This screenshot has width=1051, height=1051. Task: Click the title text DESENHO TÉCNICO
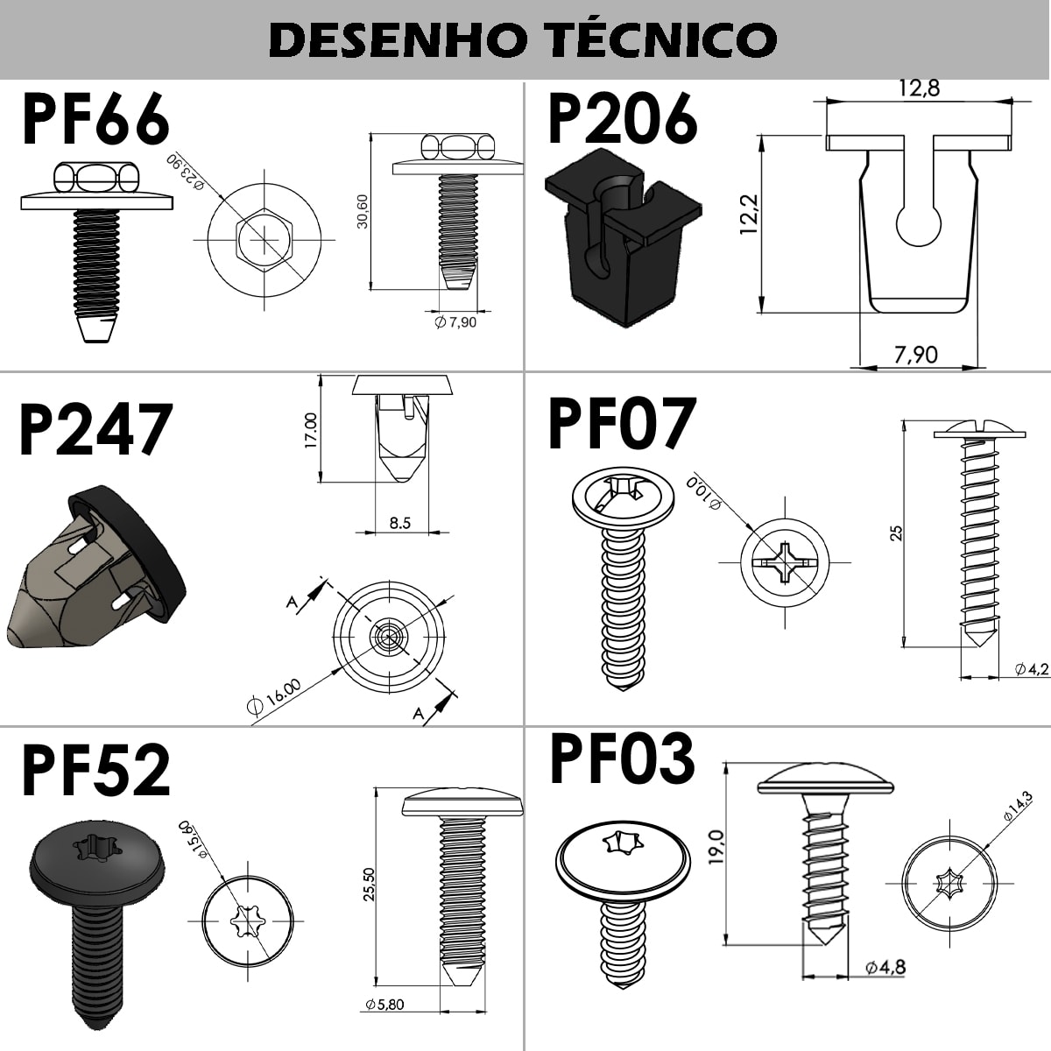click(523, 39)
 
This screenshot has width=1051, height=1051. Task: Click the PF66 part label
click(95, 121)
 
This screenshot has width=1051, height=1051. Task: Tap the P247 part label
click(95, 430)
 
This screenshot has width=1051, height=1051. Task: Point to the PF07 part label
click(622, 424)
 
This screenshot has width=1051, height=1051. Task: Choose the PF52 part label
click(95, 771)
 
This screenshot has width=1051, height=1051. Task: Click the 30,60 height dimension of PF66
click(362, 211)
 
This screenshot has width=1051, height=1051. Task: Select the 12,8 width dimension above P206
click(919, 88)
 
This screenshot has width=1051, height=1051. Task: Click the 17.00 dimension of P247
click(310, 430)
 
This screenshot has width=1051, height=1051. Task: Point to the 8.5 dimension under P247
click(399, 524)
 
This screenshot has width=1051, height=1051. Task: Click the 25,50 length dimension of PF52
click(369, 884)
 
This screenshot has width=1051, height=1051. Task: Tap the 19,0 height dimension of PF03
click(716, 847)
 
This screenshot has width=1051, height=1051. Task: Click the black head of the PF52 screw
click(96, 863)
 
